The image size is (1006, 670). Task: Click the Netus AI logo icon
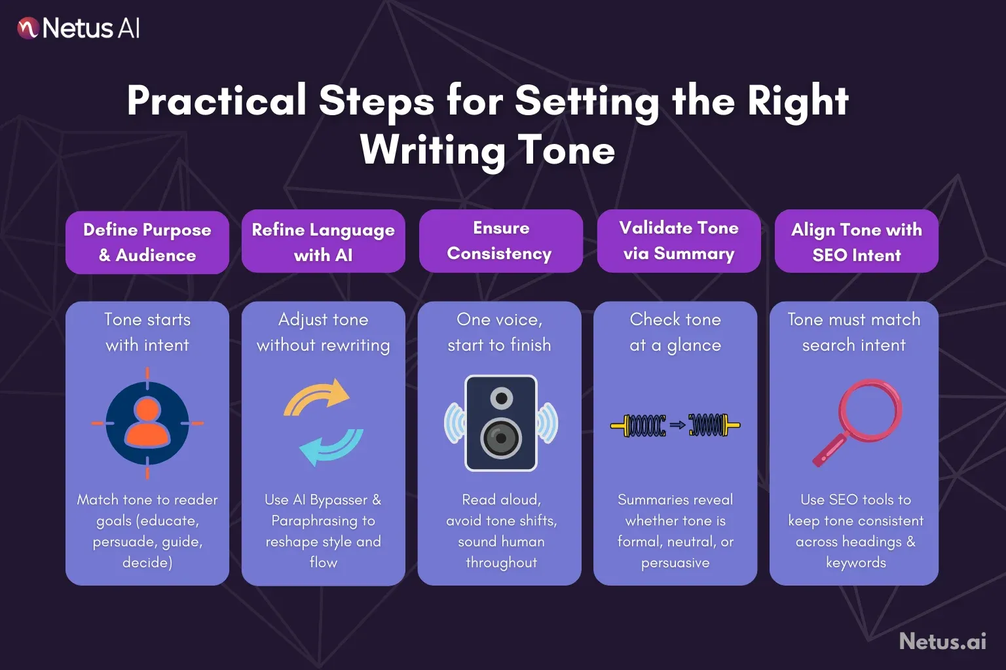tap(28, 28)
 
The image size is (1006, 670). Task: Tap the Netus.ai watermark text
tap(942, 641)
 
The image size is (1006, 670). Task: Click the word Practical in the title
tap(217, 101)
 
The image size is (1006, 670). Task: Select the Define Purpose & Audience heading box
tap(147, 242)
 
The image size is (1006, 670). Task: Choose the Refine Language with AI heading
tap(324, 241)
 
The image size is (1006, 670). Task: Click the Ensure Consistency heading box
tap(500, 241)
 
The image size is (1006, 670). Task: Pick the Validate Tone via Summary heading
tap(679, 241)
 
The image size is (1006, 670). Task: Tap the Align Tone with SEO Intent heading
tap(856, 241)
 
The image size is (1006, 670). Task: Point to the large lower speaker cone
tap(501, 438)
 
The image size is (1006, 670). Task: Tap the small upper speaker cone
tap(502, 398)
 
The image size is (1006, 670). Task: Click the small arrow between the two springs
tap(677, 425)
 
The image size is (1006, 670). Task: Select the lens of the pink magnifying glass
tap(871, 411)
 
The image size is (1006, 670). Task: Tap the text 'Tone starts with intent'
tap(147, 332)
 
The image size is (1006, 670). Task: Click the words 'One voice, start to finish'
tap(499, 332)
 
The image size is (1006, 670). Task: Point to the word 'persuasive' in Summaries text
tap(675, 563)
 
